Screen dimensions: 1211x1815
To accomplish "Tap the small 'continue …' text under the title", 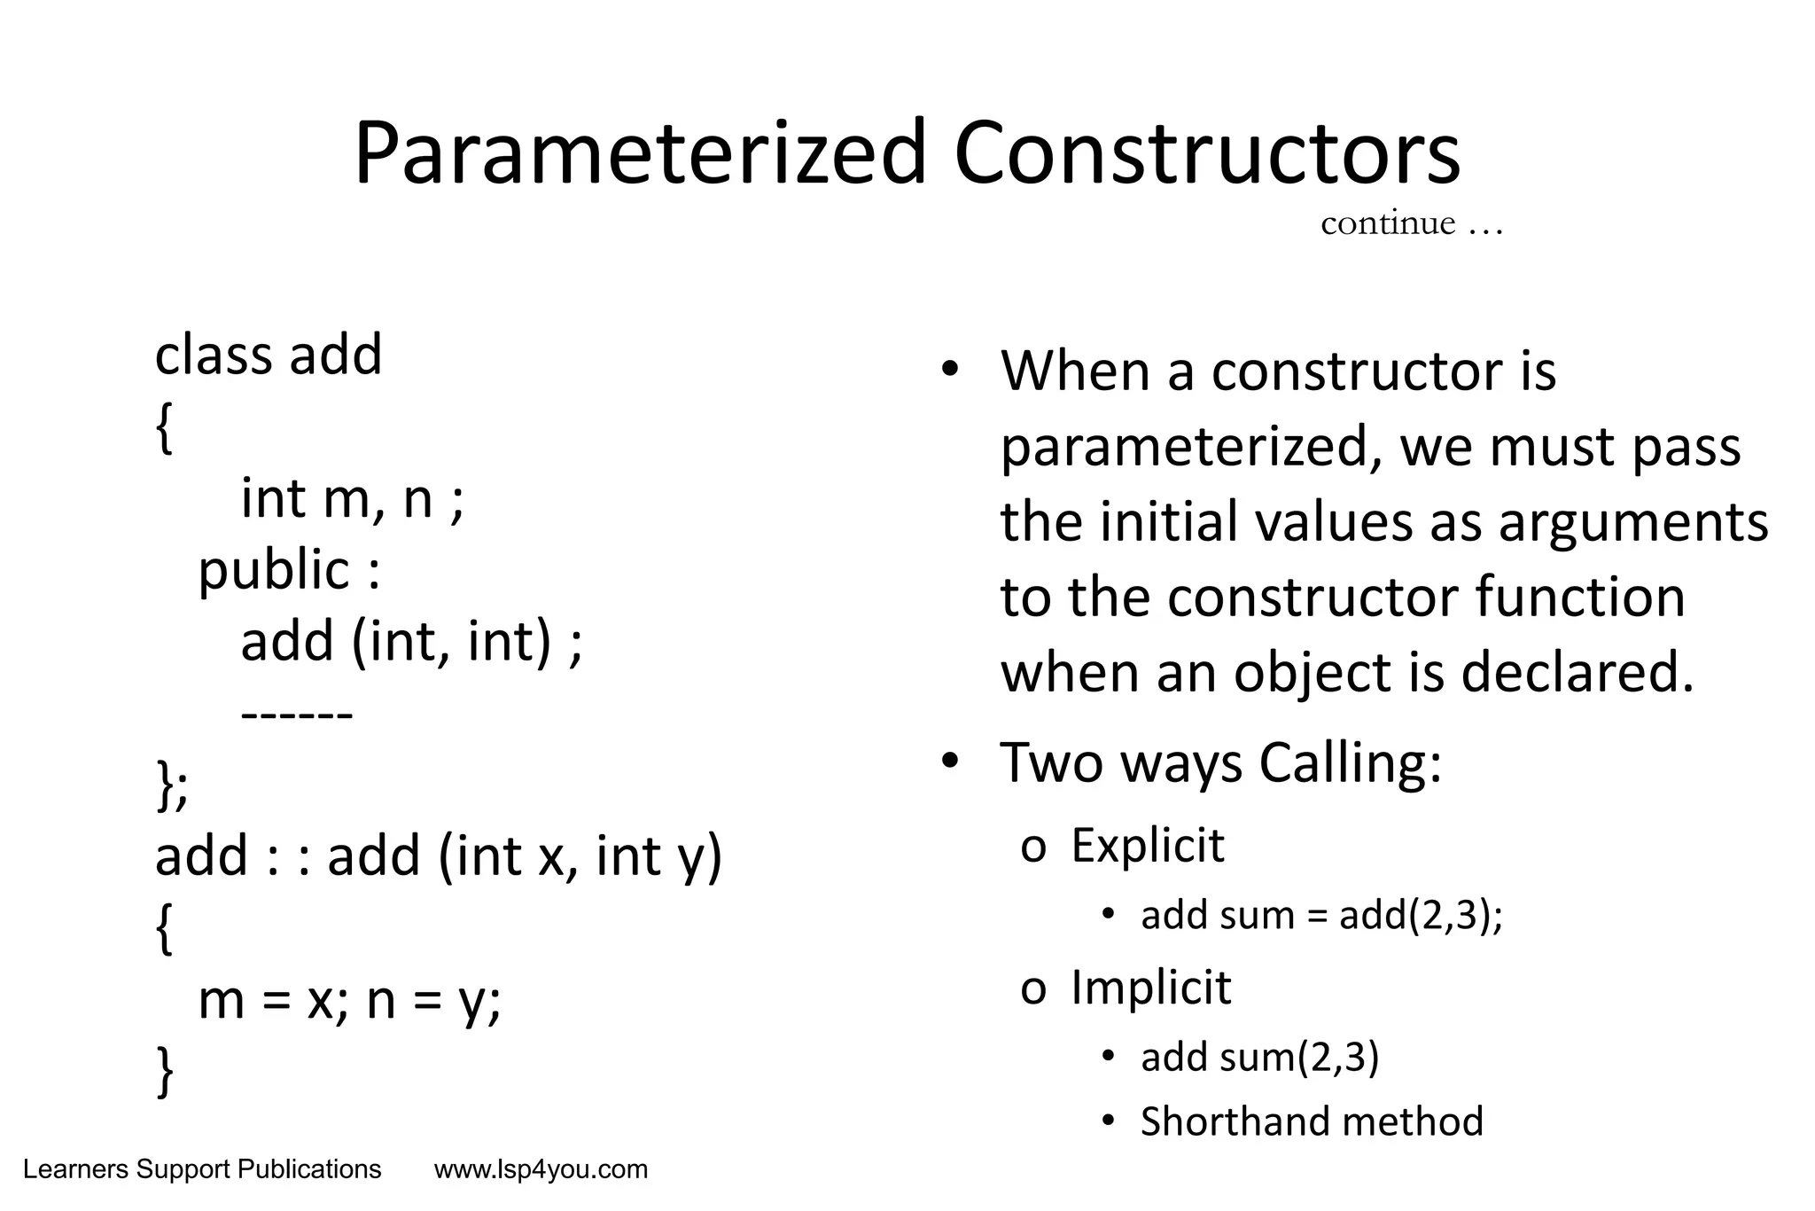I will (x=1411, y=223).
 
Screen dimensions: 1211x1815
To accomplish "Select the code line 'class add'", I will (x=268, y=355).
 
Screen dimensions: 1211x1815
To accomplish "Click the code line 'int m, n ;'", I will (x=352, y=499).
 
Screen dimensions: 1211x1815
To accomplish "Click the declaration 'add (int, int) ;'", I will (x=411, y=641).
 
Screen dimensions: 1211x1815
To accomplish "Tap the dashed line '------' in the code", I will (x=297, y=714).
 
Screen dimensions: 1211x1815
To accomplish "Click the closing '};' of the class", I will (x=172, y=785).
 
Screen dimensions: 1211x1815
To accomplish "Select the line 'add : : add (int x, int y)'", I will (x=439, y=857).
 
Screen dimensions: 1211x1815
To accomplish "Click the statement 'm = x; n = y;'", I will (x=349, y=1001).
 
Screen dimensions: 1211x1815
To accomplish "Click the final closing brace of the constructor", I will (x=165, y=1071).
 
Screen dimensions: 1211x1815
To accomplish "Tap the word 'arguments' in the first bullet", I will (x=1632, y=523).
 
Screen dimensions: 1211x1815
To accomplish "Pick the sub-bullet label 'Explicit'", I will (x=1147, y=846).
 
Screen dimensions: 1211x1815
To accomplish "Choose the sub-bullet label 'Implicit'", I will (x=1150, y=988).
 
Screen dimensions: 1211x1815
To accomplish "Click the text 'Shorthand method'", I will (x=1311, y=1121).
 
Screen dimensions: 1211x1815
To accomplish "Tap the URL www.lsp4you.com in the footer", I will (x=541, y=1170).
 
